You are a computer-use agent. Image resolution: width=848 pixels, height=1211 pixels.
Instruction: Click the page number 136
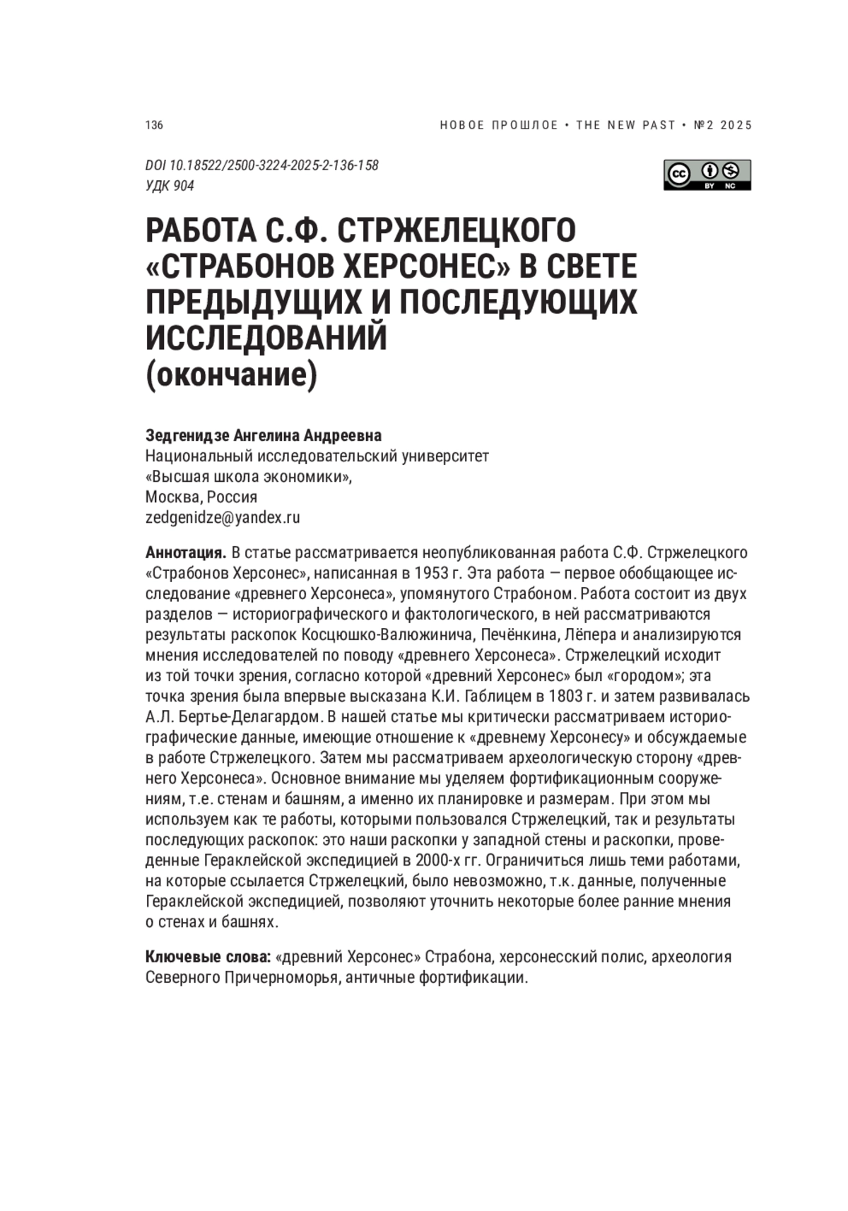click(154, 125)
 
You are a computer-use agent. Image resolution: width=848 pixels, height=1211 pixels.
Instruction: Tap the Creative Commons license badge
click(707, 175)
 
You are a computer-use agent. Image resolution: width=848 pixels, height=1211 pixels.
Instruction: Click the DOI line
click(261, 165)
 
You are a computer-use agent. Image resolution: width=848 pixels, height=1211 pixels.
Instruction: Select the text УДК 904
click(170, 186)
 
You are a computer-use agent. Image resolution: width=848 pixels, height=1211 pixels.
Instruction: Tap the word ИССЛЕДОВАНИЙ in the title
click(266, 338)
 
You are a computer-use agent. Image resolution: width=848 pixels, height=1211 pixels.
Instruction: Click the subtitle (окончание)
click(231, 374)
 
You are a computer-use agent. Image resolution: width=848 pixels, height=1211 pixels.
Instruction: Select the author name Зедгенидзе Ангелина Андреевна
click(263, 435)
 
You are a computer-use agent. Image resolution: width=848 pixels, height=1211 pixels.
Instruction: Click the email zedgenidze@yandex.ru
click(223, 517)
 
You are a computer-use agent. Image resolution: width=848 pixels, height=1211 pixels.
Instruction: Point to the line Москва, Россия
click(201, 497)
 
